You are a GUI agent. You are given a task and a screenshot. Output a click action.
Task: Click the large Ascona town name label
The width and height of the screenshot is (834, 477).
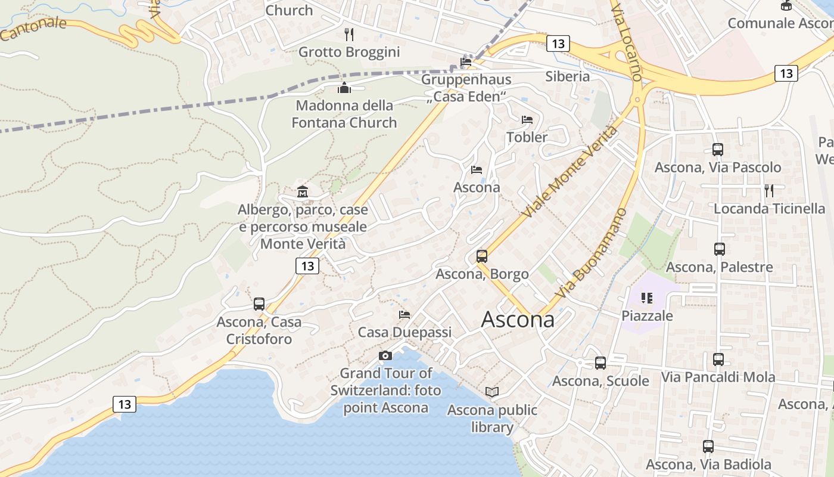pyautogui.click(x=517, y=320)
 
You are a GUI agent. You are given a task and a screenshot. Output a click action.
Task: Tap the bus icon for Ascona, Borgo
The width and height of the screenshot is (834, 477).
pyautogui.click(x=482, y=256)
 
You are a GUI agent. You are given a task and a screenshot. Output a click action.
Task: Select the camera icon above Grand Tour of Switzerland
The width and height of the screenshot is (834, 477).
pyautogui.click(x=385, y=356)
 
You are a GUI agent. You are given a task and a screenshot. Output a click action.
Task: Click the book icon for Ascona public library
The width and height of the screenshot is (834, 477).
pyautogui.click(x=492, y=392)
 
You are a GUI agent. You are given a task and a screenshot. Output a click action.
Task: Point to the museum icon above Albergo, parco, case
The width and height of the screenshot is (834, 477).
pyautogui.click(x=303, y=191)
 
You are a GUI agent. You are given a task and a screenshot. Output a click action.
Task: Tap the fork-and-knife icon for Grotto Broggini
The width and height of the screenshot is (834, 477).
pyautogui.click(x=349, y=35)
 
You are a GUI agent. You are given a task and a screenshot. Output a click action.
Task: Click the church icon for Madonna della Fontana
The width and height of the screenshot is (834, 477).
pyautogui.click(x=344, y=88)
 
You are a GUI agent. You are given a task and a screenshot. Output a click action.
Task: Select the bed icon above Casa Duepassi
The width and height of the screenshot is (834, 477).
pyautogui.click(x=404, y=314)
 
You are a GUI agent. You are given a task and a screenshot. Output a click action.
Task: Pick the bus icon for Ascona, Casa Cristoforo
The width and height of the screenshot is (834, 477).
pyautogui.click(x=259, y=303)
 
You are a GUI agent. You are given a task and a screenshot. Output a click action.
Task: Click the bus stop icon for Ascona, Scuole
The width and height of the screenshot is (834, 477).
pyautogui.click(x=600, y=363)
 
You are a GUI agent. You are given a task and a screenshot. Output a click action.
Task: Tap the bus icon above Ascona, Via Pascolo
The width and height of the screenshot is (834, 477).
pyautogui.click(x=718, y=150)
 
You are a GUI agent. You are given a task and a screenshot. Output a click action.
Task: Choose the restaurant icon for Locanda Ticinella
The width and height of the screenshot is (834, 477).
pyautogui.click(x=769, y=191)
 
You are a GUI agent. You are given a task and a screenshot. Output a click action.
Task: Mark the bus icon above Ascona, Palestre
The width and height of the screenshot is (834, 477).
pyautogui.click(x=720, y=249)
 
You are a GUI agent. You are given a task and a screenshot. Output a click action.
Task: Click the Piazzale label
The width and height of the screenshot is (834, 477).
pyautogui.click(x=647, y=315)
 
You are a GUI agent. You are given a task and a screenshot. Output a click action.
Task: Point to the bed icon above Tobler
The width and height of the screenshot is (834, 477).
pyautogui.click(x=527, y=120)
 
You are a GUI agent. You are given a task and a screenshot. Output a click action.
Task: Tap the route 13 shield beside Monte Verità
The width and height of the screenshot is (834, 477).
pyautogui.click(x=307, y=266)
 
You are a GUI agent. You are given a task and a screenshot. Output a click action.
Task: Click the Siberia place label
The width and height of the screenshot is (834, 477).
pyautogui.click(x=568, y=76)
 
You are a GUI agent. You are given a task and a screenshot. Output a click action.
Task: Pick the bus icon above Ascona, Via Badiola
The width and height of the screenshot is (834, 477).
pyautogui.click(x=708, y=446)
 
